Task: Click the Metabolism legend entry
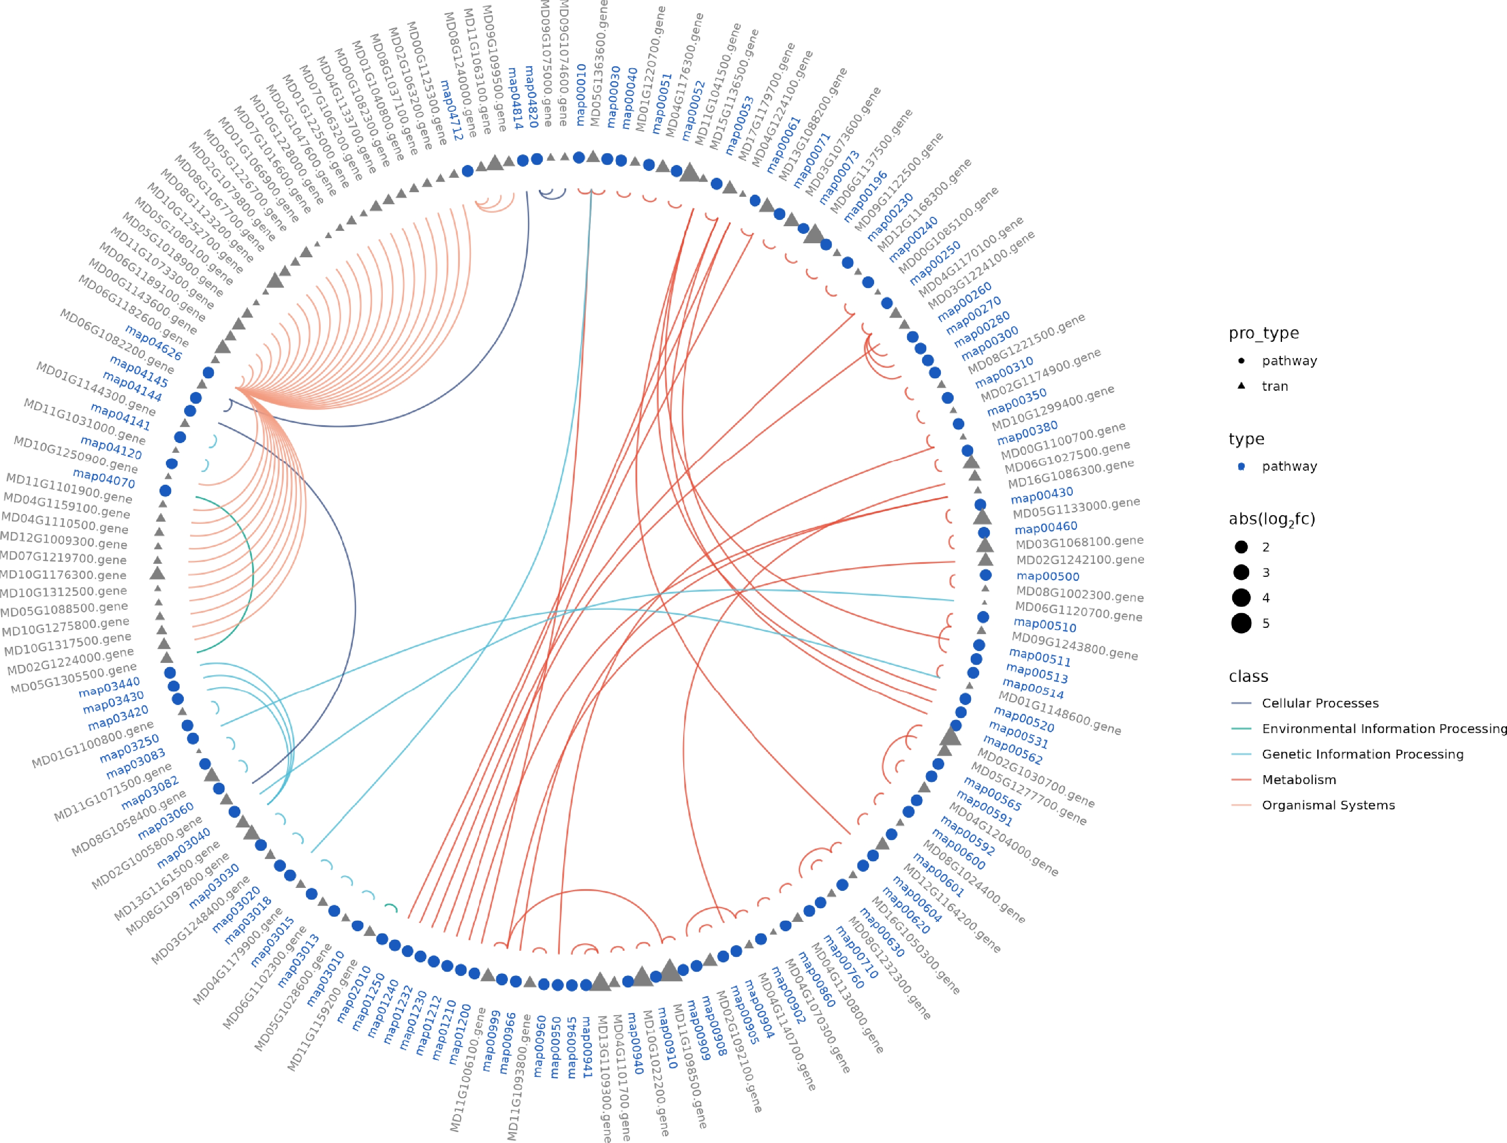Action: tap(1299, 780)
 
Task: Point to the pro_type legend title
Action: tap(1263, 333)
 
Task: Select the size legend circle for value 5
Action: tap(1241, 623)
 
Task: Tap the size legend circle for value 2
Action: tap(1241, 547)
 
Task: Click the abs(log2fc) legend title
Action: tap(1271, 519)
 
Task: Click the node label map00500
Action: tap(1048, 576)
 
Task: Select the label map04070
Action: tap(103, 478)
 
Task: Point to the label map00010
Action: tap(581, 95)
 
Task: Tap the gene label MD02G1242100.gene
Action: tap(1080, 560)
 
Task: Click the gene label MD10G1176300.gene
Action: tap(63, 576)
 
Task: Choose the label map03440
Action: tap(109, 687)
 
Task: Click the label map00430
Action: tap(1042, 495)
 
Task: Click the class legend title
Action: tap(1248, 677)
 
